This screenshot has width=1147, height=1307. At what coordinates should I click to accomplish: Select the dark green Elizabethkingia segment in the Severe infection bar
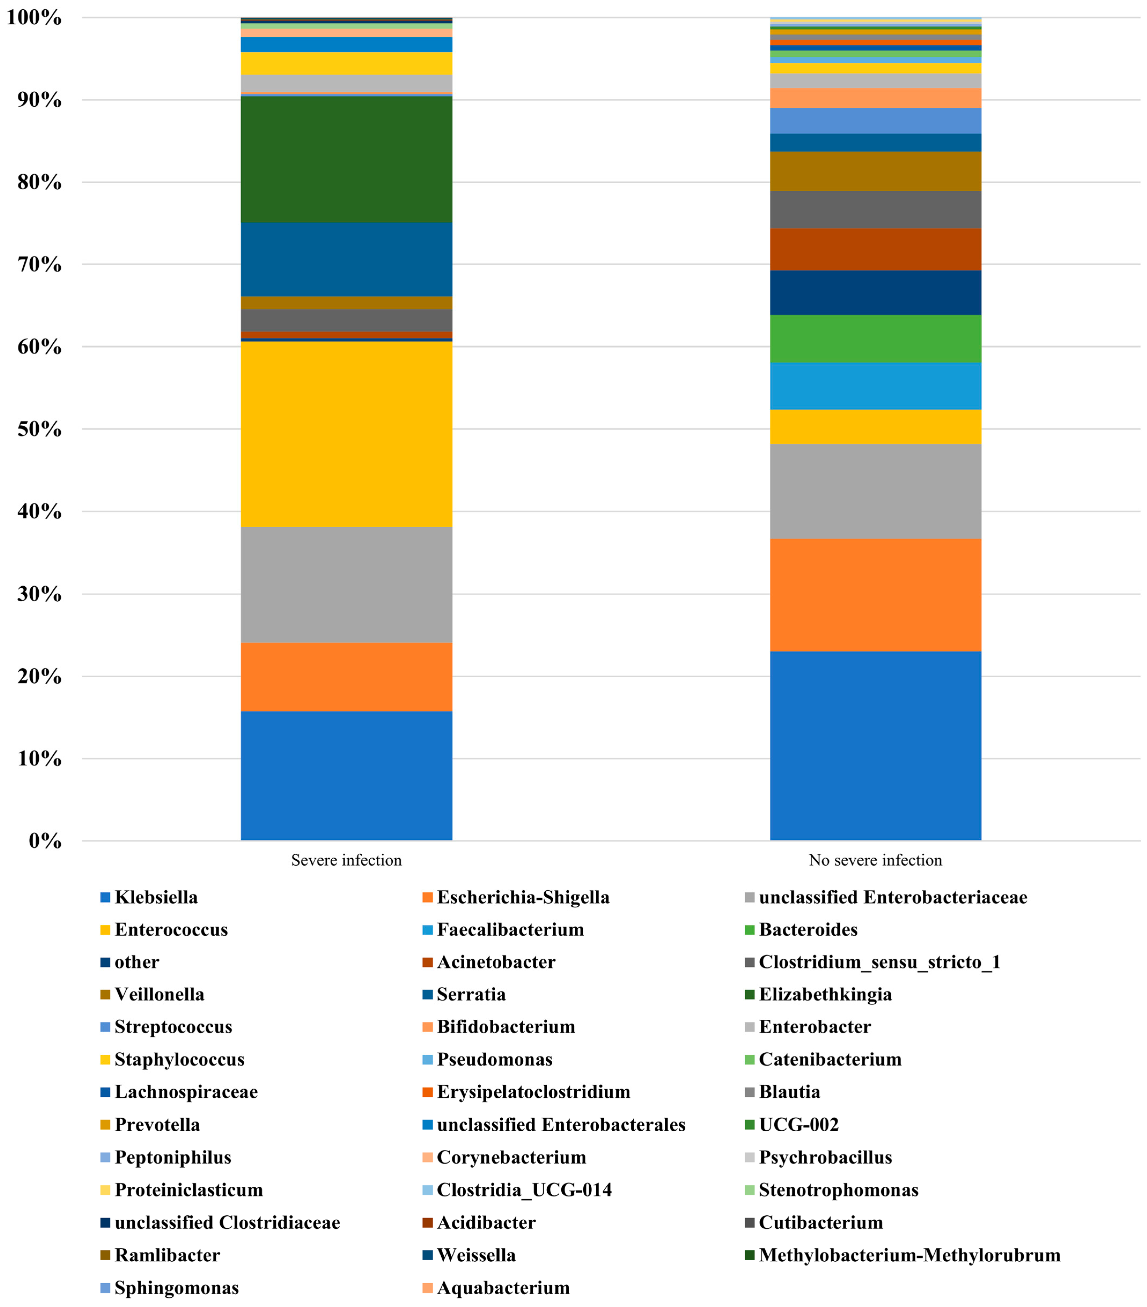point(346,159)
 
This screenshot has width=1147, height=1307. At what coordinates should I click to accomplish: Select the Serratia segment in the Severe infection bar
point(346,259)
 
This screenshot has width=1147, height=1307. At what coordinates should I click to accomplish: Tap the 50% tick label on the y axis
point(40,429)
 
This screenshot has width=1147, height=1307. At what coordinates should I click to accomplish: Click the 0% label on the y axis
point(45,841)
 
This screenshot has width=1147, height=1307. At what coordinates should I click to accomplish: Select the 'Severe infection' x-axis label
point(346,860)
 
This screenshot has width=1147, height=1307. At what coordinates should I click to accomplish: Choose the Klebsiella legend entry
point(156,897)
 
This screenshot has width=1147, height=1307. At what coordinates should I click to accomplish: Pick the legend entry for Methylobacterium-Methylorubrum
point(908,1255)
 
